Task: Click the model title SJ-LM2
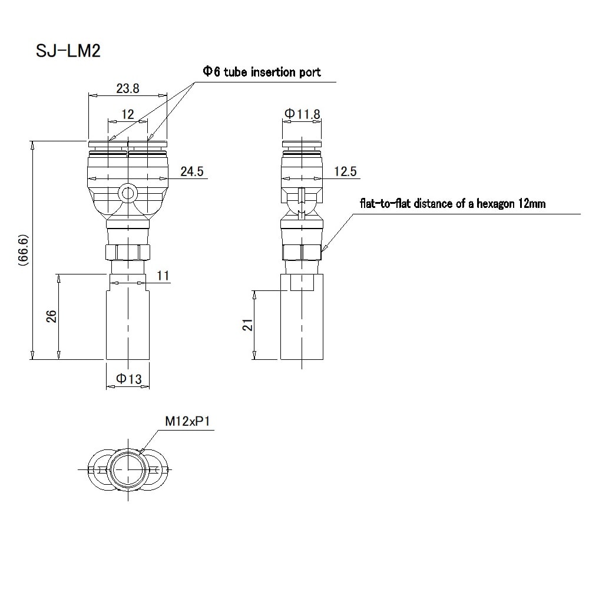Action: pos(69,51)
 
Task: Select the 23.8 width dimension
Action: pos(128,88)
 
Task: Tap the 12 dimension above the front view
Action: pos(127,114)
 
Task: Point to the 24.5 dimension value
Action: pos(191,171)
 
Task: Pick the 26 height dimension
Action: pos(51,317)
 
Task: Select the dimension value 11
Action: pos(164,276)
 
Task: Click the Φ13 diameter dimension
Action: pos(129,380)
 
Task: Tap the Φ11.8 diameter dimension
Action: pos(302,114)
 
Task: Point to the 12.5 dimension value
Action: pos(345,171)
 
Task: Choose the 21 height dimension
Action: pos(248,325)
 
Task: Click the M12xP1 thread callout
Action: pos(188,422)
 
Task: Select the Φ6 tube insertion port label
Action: pos(262,72)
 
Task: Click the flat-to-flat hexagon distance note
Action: pos(452,204)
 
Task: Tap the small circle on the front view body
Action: pos(127,193)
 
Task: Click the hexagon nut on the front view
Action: pos(127,252)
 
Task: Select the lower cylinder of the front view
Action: pos(127,324)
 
